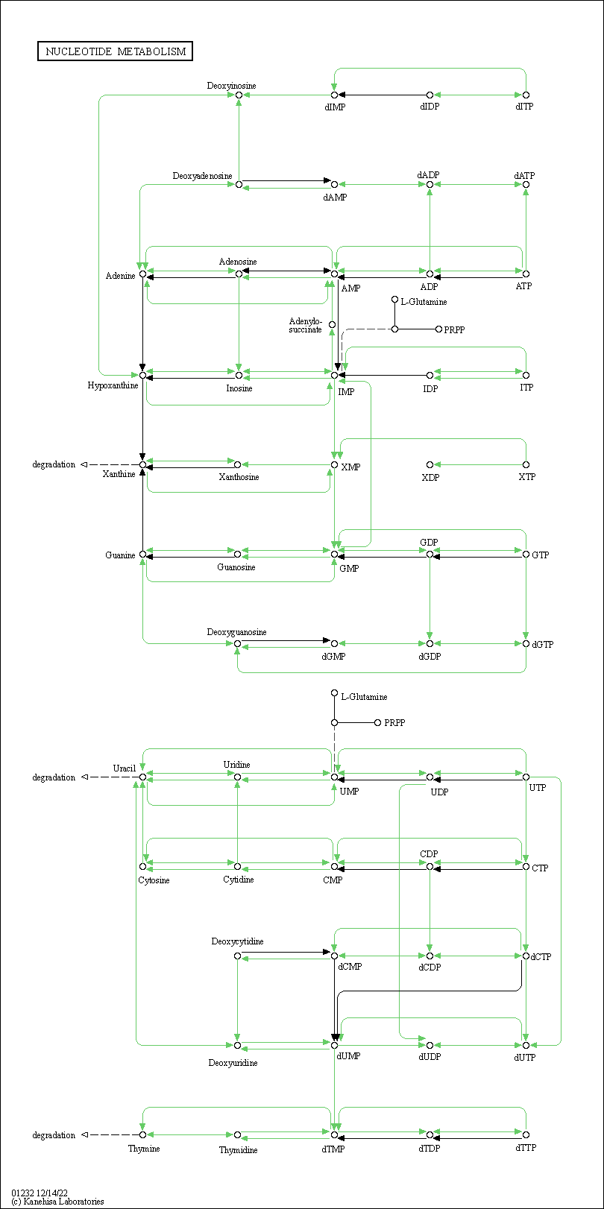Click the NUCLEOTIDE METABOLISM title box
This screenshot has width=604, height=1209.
116,51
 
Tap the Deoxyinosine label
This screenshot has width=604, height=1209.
231,86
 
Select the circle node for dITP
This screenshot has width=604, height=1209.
526,95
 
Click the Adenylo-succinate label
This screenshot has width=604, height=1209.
306,325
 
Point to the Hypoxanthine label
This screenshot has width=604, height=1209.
113,385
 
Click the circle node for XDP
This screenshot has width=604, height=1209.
430,465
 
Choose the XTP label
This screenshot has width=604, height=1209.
526,477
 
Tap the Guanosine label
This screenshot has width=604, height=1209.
236,567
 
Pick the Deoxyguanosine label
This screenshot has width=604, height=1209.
236,632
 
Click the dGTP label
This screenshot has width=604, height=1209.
543,645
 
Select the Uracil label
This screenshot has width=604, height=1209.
125,768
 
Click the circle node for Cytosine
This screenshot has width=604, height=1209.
142,866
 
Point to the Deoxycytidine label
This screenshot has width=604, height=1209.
237,941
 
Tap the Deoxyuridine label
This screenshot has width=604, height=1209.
233,1063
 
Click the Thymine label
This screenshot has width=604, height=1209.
144,1149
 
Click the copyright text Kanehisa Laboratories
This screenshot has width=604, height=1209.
58,1202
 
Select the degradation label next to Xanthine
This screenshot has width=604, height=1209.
54,464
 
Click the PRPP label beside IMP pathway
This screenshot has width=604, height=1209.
454,329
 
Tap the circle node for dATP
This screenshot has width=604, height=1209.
526,184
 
